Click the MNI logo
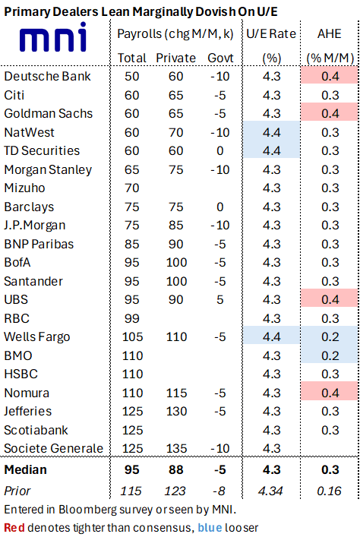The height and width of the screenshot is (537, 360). coord(53,37)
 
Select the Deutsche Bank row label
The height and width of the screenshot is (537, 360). coord(47,76)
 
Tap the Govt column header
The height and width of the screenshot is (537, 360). coord(220,58)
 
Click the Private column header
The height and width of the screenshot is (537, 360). coord(175,58)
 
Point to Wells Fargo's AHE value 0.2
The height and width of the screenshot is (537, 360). coord(330,336)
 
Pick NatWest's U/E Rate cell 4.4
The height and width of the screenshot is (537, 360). coord(272,132)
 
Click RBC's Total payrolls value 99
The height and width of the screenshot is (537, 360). coord(132,318)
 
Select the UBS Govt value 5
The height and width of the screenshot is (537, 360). coord(220,300)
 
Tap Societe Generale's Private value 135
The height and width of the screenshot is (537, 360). coord(176,448)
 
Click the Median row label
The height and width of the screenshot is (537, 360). coord(25,469)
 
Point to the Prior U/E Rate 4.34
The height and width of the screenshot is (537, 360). coord(270,491)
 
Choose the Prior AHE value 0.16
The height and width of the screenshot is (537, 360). coord(329,491)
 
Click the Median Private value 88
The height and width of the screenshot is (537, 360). coord(175,469)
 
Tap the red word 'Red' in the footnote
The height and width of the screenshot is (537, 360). coord(14,527)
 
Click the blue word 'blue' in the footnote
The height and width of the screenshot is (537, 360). coord(210,527)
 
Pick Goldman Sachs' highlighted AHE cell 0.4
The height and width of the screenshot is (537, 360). coord(330,113)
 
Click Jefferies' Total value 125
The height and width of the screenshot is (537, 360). coord(132,412)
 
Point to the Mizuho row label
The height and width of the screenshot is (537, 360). coord(24,188)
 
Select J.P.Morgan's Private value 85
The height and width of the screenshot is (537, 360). coord(175,225)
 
